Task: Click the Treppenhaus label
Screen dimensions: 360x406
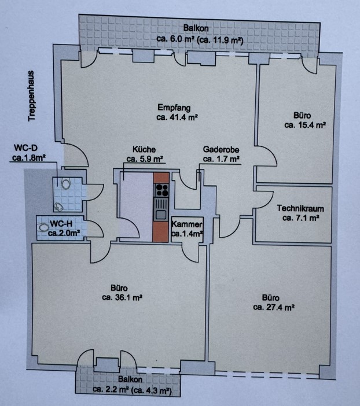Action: tap(31, 96)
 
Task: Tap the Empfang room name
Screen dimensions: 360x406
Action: tap(174, 108)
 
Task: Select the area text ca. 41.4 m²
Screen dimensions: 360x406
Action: tap(177, 117)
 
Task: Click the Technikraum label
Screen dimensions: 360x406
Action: tap(300, 208)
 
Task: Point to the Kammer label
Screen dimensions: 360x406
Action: tap(186, 224)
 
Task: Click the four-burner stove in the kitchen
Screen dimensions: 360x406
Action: tap(161, 190)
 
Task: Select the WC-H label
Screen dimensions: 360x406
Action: tap(61, 223)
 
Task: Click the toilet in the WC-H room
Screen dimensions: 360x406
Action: tap(43, 227)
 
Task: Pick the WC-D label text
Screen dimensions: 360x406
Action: tap(25, 148)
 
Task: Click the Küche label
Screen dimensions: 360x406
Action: tap(144, 150)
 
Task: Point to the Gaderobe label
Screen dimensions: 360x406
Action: tap(221, 149)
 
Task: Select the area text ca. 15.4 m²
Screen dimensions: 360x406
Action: tap(305, 125)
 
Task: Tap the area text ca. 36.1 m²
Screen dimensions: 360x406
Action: tap(122, 297)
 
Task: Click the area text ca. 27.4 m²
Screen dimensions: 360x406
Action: tap(274, 307)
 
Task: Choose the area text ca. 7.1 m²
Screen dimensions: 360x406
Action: tap(300, 218)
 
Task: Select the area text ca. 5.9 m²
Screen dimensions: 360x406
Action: tap(144, 158)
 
